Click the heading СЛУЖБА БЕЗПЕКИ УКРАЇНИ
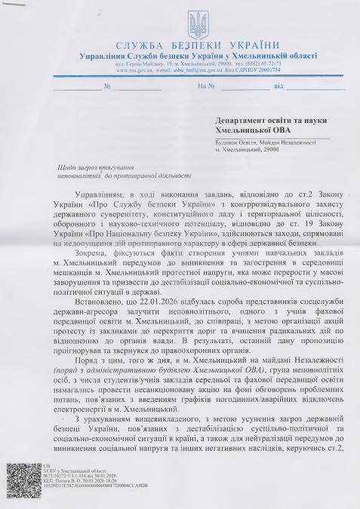point(180,46)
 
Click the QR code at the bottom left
point(24,480)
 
